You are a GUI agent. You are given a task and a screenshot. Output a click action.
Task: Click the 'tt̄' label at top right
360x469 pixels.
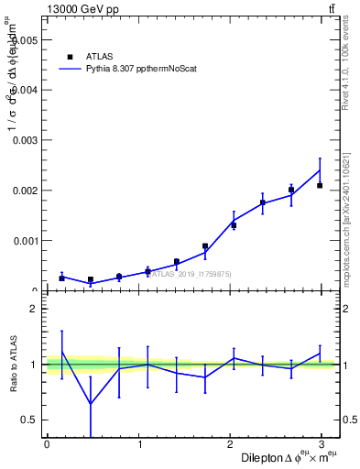(x=331, y=8)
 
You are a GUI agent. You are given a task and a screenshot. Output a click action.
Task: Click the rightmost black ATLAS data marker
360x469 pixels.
(x=320, y=185)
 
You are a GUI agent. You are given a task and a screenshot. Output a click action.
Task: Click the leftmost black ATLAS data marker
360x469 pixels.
(x=61, y=278)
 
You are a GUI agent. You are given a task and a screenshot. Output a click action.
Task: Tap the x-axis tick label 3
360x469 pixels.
(x=320, y=444)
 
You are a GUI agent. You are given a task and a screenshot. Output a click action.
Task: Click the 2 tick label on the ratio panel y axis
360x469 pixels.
(x=33, y=309)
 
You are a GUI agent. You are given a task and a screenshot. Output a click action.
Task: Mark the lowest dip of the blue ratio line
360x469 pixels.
(x=91, y=404)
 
